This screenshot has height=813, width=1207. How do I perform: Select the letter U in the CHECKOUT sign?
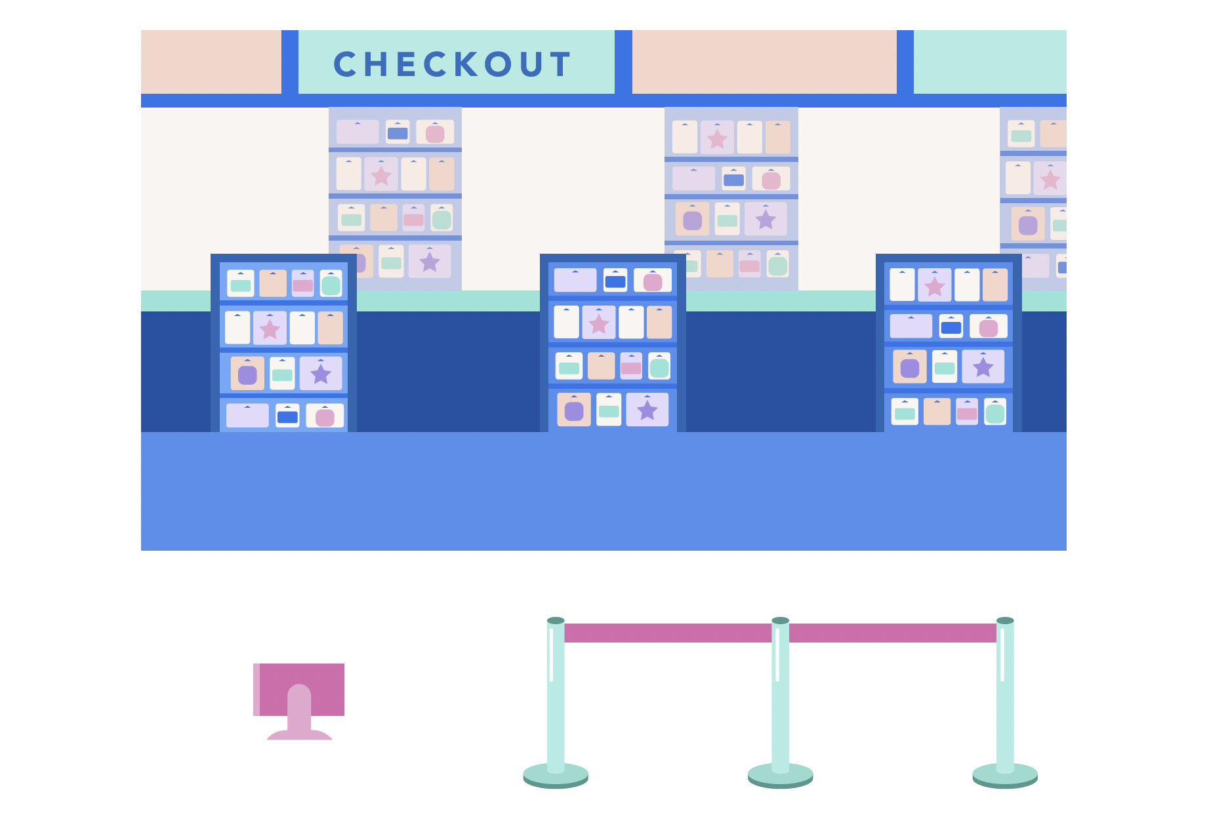coord(529,64)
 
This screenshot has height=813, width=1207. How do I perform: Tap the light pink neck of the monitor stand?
coord(299,708)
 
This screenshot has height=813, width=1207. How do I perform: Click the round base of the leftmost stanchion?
coord(556,776)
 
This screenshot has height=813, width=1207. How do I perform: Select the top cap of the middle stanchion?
coord(780,620)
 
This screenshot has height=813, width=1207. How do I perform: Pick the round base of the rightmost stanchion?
coord(1005,776)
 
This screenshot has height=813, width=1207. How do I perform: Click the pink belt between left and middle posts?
coord(668,633)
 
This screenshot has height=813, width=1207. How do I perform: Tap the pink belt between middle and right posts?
coord(892,633)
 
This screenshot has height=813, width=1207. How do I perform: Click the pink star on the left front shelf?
coord(270,328)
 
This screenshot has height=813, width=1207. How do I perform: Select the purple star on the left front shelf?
coord(320,374)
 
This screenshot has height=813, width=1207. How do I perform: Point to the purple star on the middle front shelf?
coord(647,410)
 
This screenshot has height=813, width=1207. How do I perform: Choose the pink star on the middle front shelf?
coord(598,323)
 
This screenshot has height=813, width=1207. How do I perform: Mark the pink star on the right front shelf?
coord(934,286)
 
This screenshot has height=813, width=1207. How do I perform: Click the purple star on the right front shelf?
coord(983,367)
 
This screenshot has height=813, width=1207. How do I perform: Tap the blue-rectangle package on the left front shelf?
coord(287,416)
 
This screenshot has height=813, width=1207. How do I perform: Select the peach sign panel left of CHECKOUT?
coord(211,62)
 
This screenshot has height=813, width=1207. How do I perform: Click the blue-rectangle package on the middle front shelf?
coord(615,281)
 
